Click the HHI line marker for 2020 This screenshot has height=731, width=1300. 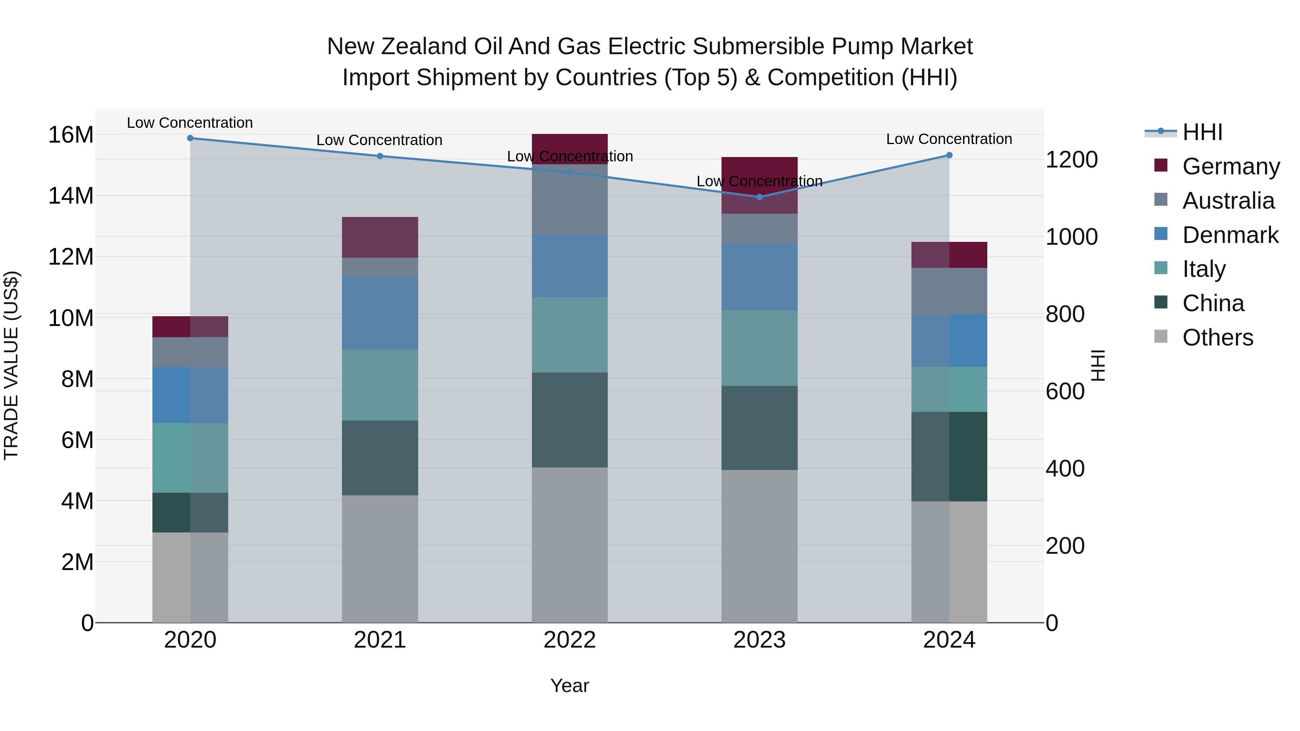click(x=190, y=138)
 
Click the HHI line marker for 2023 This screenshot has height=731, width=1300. click(x=759, y=197)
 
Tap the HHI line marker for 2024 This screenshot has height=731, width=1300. click(x=949, y=155)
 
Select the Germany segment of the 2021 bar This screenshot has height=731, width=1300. click(x=380, y=238)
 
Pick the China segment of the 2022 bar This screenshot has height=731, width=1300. click(x=570, y=420)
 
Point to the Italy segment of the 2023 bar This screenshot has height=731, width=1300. click(x=759, y=348)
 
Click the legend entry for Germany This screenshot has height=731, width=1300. click(x=1230, y=166)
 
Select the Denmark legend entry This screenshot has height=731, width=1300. click(x=1230, y=235)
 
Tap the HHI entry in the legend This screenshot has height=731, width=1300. click(x=1202, y=132)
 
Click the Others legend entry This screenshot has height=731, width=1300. click(x=1217, y=338)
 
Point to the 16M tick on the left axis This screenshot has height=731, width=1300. click(x=71, y=135)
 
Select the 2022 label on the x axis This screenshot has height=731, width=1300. click(x=570, y=640)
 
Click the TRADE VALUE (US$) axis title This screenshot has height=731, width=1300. click(x=11, y=365)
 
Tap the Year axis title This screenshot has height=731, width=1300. click(x=570, y=686)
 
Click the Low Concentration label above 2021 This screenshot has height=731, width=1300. click(x=380, y=140)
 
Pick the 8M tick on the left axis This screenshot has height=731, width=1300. click(x=77, y=379)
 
